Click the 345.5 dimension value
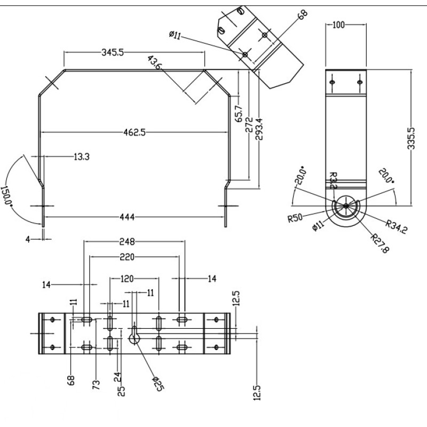(113, 52)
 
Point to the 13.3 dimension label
(81, 156)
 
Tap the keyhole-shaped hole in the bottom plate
(134, 335)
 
